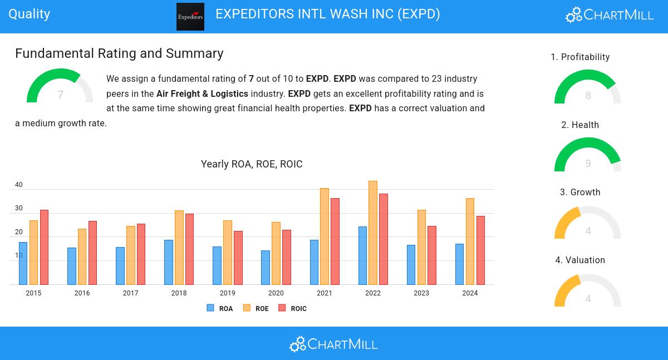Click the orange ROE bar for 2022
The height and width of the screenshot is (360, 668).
point(373,233)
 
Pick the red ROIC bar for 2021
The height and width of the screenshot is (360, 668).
point(335,241)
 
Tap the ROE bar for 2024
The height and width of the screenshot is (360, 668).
point(470,241)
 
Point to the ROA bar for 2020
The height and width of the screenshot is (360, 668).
point(266,268)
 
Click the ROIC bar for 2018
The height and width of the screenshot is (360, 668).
point(189,249)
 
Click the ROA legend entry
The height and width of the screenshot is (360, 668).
point(220,308)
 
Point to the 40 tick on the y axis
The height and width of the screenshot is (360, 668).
point(19,185)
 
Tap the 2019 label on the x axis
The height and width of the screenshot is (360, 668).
point(227,293)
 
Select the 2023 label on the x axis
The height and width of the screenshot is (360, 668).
point(421,293)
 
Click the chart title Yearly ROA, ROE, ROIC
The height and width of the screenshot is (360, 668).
point(252,164)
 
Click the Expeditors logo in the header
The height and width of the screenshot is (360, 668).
point(190,17)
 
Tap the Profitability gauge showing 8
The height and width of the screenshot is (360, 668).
point(587,88)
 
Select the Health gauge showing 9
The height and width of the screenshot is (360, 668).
point(587,156)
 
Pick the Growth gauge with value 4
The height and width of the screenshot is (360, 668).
point(587,224)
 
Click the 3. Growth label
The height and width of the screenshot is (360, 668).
point(580,193)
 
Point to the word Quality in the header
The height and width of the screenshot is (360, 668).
point(30,14)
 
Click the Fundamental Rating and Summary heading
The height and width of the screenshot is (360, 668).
point(119,53)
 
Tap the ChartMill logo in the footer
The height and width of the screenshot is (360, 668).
point(333,344)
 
